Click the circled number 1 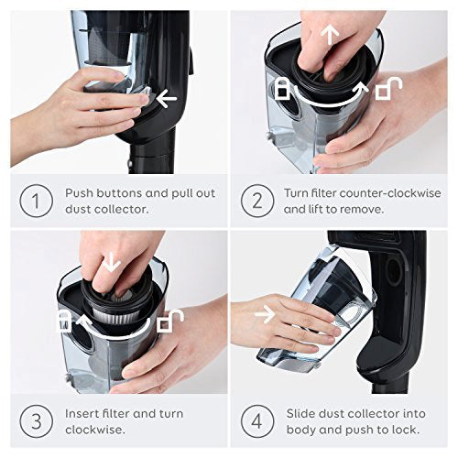click(37, 201)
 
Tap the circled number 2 click(257, 201)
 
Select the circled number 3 click(37, 421)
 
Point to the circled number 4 click(257, 421)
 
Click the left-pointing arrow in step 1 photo click(167, 98)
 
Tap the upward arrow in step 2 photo click(330, 35)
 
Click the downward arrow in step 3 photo click(111, 262)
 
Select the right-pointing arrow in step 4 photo click(265, 314)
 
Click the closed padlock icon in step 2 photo click(282, 89)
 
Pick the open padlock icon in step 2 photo click(388, 89)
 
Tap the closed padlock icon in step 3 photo click(64, 322)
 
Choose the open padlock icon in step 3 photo click(170, 322)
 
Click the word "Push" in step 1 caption click(79, 193)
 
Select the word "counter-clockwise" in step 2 click(390, 193)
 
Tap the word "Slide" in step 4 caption click(300, 414)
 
